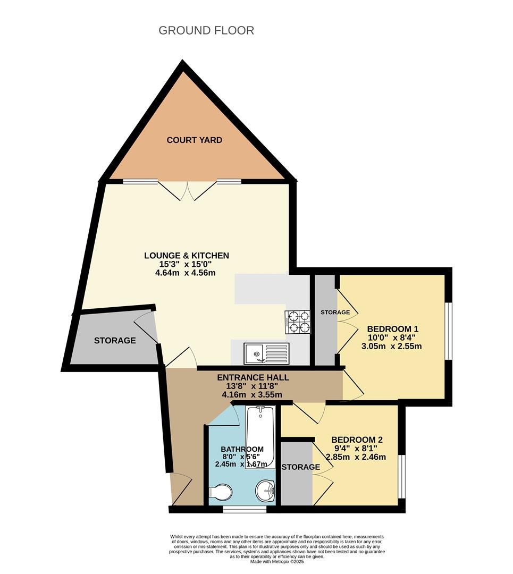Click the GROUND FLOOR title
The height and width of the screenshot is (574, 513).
[x=206, y=30]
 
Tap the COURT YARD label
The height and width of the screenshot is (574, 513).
[x=195, y=140]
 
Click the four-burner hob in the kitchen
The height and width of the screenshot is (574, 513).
[x=297, y=322]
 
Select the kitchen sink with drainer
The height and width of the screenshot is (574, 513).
[x=267, y=353]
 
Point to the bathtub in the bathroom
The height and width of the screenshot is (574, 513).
[x=260, y=437]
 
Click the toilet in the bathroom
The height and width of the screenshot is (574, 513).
[x=221, y=492]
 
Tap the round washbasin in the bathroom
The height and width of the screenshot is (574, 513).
[x=265, y=490]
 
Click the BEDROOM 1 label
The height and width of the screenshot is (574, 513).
[x=392, y=329]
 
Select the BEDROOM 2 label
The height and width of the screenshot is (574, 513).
[x=357, y=440]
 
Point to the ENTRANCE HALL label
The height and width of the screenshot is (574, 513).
[x=253, y=377]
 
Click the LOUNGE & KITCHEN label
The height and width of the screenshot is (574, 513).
[x=187, y=256]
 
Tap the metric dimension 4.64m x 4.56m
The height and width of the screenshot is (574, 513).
[x=185, y=273]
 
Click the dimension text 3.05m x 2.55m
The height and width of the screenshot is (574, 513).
[x=391, y=346]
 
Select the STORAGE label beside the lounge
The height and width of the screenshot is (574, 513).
[x=115, y=341]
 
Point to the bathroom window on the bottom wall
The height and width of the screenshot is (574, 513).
[x=245, y=509]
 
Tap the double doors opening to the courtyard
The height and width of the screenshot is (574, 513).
[x=187, y=190]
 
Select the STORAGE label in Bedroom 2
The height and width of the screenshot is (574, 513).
[x=300, y=467]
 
